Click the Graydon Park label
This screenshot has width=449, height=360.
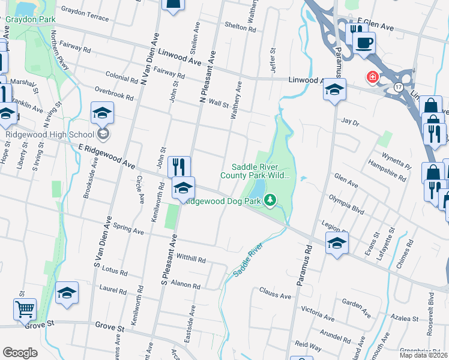click(x=31, y=19)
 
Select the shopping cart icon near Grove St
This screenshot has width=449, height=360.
click(x=25, y=310)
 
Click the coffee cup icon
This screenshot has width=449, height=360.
click(x=364, y=43)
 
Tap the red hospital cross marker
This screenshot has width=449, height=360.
click(x=373, y=77)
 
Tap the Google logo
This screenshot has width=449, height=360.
click(x=20, y=353)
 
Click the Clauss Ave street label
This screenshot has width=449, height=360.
click(x=275, y=293)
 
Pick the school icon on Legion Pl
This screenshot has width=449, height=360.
click(x=337, y=243)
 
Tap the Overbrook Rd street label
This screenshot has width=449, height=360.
click(x=113, y=94)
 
